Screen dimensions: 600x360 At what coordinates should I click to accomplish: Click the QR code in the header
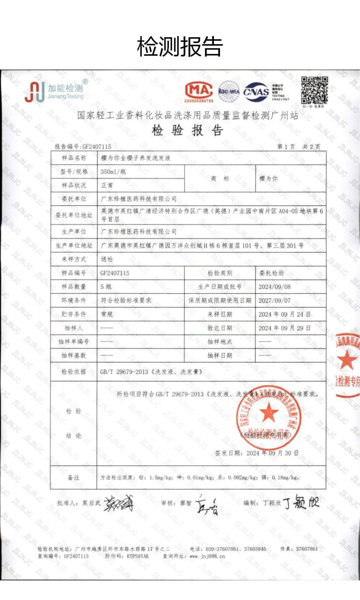click(314, 90)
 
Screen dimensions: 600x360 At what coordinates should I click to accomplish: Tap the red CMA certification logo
click(199, 91)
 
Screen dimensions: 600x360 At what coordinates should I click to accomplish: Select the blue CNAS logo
click(256, 92)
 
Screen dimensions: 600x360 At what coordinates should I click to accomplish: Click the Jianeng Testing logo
click(55, 91)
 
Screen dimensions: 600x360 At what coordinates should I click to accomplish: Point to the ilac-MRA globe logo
click(229, 92)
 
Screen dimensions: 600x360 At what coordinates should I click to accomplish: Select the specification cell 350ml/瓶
click(113, 172)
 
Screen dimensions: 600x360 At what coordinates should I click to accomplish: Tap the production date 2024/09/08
click(274, 287)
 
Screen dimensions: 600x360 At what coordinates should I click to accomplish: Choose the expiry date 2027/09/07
click(274, 300)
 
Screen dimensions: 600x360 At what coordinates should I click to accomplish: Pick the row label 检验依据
click(74, 372)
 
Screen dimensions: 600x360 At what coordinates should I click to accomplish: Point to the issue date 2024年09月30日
click(272, 453)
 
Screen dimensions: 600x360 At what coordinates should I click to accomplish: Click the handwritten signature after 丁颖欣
click(301, 502)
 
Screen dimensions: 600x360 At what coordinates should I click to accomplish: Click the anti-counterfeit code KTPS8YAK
click(138, 556)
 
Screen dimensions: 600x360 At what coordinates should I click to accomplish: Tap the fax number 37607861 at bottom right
click(307, 549)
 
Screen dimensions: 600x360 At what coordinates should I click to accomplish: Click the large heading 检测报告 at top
click(180, 47)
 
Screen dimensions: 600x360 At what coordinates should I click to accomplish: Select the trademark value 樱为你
click(268, 179)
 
